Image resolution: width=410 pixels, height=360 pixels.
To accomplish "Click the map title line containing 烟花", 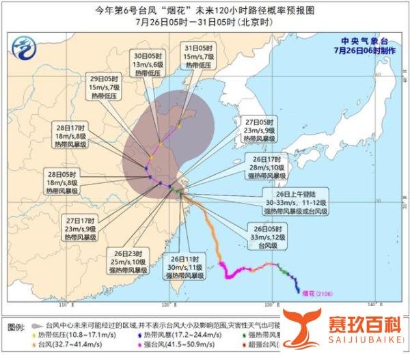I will [204, 10].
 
